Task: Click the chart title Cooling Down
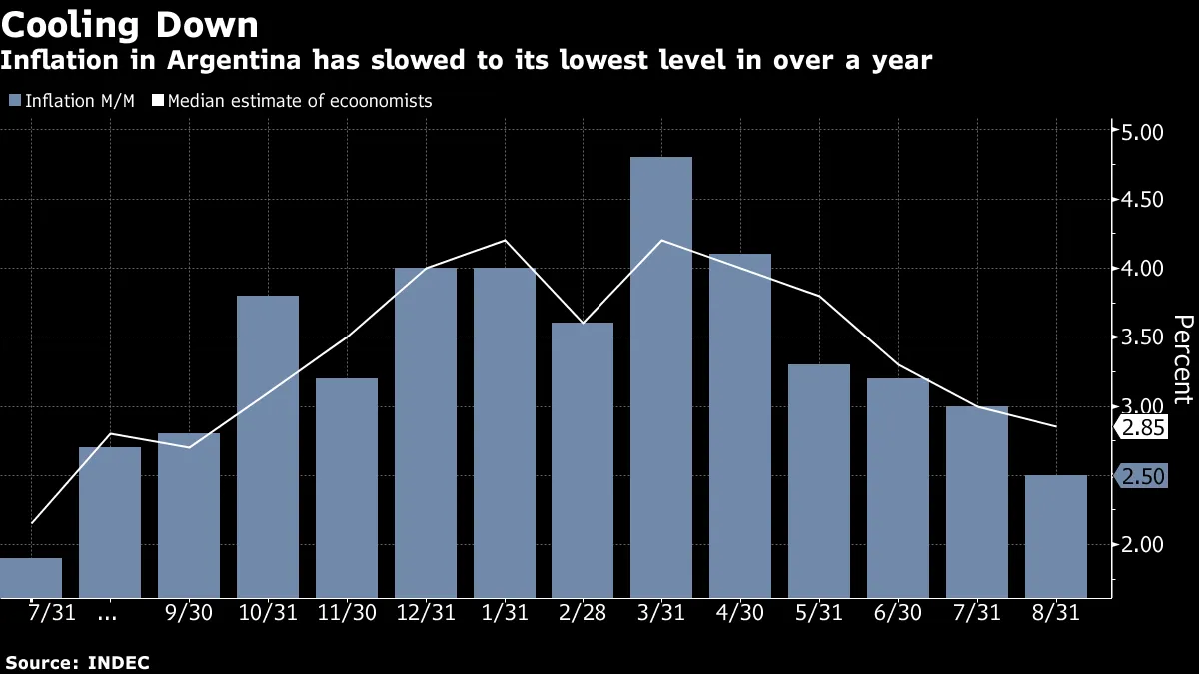click(130, 24)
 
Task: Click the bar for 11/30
click(347, 488)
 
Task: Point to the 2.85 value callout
click(1143, 427)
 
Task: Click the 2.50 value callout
click(1143, 477)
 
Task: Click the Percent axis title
click(1183, 359)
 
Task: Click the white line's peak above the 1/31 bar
click(505, 240)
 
